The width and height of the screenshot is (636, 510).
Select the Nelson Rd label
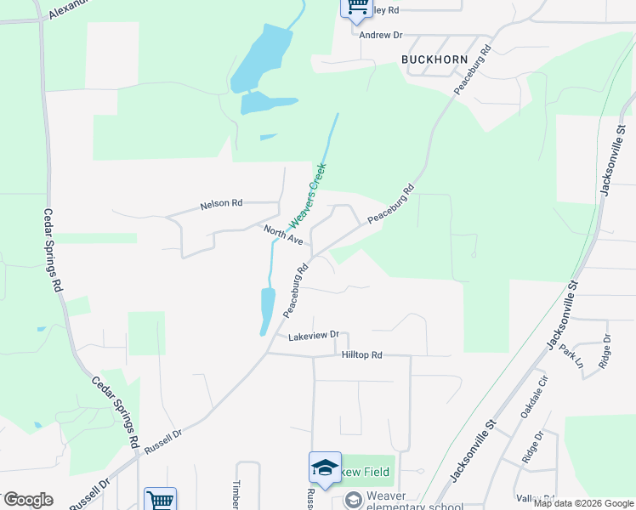(221, 204)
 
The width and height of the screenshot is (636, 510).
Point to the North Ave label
(283, 235)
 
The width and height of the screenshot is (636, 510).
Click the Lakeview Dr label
(313, 336)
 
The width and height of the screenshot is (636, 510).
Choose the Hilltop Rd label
(362, 354)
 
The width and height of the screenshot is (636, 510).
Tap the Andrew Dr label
(380, 36)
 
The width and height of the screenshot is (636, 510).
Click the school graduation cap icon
(324, 467)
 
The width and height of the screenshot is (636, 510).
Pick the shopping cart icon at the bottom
(160, 499)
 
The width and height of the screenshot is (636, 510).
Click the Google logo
(28, 500)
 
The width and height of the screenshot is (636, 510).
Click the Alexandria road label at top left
(68, 8)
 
